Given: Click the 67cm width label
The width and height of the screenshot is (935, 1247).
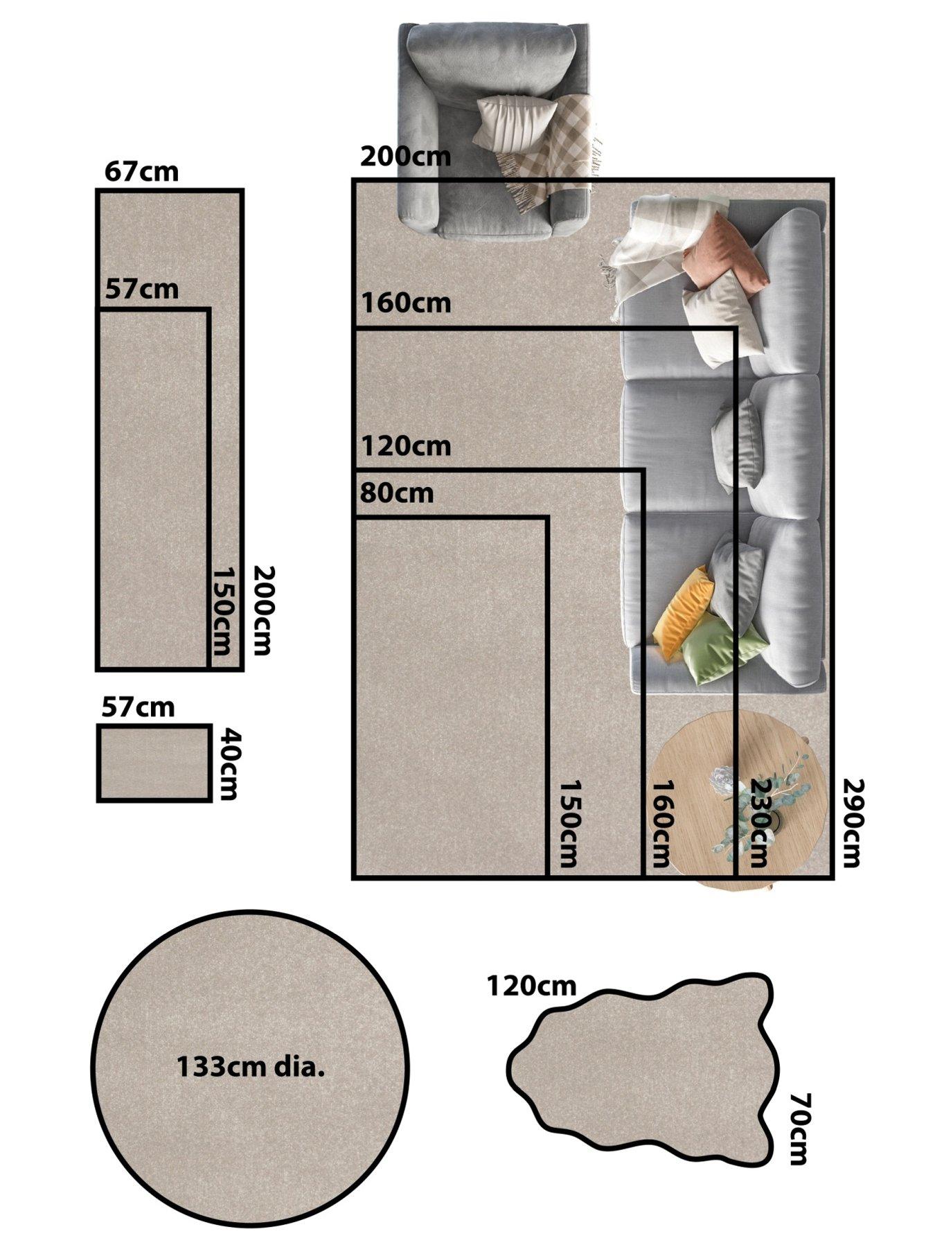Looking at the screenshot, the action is [x=141, y=171].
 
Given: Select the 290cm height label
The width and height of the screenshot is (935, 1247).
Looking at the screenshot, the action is [x=851, y=822].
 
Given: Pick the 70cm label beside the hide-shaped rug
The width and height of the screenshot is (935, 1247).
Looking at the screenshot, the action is [x=800, y=1129].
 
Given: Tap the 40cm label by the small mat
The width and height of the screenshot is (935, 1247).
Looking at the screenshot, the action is [x=229, y=763].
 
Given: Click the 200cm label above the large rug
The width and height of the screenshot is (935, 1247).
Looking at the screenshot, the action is [x=405, y=157].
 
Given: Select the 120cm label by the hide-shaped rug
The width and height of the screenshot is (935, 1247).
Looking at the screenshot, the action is [x=531, y=985].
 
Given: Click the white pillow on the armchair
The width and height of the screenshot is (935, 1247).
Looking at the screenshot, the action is [x=515, y=122].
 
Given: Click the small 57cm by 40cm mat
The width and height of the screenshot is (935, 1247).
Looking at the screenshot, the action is [x=154, y=763].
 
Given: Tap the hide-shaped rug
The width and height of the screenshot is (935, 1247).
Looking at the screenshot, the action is [x=643, y=1067].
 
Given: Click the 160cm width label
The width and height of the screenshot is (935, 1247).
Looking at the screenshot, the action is [x=405, y=303].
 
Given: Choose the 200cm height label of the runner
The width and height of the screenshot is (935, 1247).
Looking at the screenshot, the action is [x=263, y=610].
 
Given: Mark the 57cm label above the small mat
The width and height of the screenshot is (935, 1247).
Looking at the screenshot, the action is [x=138, y=707].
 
